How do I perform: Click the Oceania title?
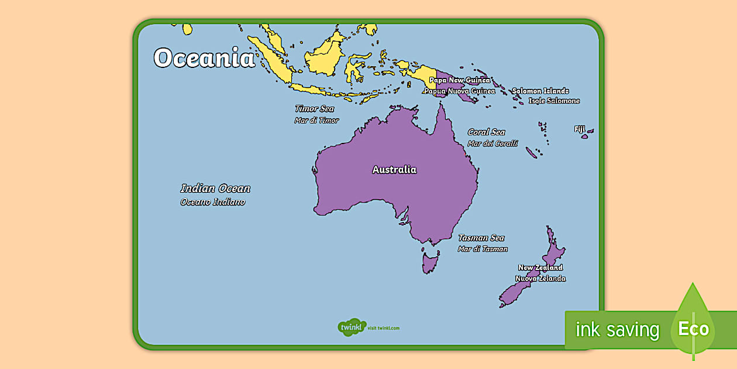204,59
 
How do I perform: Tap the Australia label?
394,170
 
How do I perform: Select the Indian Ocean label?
215,189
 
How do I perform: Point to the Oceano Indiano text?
213,202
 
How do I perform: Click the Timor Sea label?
314,109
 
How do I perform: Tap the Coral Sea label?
486,132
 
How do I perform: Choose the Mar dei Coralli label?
493,143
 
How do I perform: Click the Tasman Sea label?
481,238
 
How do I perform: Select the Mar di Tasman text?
483,249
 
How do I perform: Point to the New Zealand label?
540,268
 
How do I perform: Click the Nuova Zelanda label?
540,279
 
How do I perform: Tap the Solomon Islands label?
540,91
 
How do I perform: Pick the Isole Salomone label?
555,101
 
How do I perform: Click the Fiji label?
580,129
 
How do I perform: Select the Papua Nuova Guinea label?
460,91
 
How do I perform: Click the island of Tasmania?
430,261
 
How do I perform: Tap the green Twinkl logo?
352,327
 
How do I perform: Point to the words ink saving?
617,330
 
